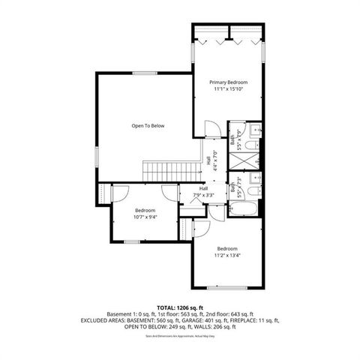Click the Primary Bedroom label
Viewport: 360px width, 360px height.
(229, 82)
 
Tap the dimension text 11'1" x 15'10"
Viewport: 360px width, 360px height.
(229, 89)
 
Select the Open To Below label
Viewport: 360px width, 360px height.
(148, 126)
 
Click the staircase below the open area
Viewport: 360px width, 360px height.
(163, 169)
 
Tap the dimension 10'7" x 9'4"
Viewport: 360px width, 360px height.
(145, 217)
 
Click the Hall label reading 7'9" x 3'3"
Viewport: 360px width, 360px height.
(203, 192)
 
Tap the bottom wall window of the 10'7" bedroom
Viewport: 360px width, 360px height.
(133, 241)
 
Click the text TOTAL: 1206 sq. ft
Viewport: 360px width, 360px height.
(179, 308)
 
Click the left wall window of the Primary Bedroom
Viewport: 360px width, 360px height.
(194, 55)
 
